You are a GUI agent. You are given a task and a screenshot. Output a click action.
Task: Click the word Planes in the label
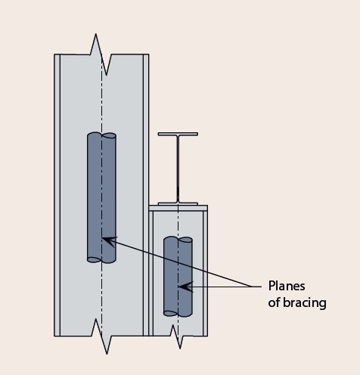285,286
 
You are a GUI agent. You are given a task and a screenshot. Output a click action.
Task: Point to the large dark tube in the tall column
101,197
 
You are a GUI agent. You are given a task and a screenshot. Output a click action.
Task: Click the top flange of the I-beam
178,135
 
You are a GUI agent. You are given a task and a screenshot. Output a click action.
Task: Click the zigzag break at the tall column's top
101,54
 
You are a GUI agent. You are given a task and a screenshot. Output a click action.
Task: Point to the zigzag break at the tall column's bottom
101,336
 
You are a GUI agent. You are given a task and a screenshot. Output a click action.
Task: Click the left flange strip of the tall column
57,197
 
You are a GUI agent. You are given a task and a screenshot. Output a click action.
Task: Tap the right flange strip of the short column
204,272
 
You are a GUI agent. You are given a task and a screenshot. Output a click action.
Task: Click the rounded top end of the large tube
101,136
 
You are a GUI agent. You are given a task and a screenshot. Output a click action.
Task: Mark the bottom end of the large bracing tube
101,259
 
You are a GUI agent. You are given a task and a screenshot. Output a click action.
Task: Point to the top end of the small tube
178,240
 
